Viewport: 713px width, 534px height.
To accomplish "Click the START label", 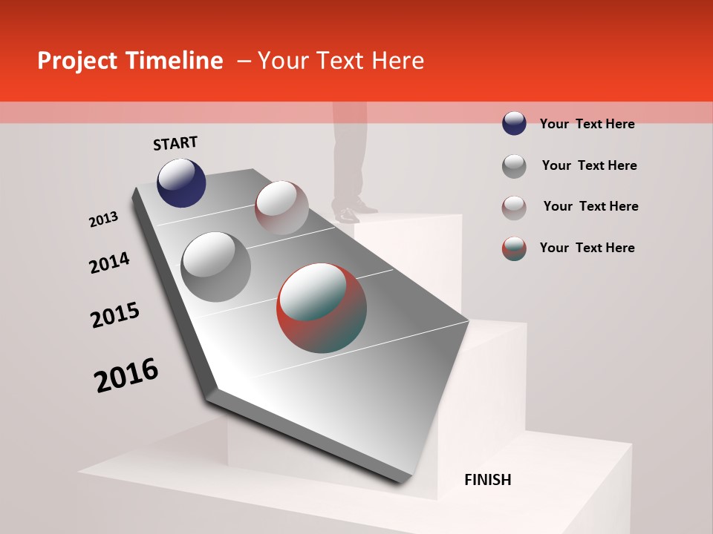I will tap(175, 143).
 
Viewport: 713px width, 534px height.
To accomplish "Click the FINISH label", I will tap(488, 480).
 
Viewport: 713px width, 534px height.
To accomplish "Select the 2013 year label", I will tap(103, 220).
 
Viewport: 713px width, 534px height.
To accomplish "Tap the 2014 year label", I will tap(109, 263).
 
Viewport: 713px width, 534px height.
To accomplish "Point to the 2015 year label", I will tap(115, 315).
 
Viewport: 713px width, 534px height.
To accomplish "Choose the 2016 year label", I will tap(126, 375).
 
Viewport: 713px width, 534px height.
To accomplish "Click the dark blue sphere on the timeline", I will tap(181, 182).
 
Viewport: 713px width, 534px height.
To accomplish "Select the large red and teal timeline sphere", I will tap(322, 308).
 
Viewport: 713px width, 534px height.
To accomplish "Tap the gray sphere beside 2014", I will tap(215, 266).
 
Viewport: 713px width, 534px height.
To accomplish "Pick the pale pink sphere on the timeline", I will tap(281, 208).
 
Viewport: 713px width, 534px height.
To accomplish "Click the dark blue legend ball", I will tap(514, 124).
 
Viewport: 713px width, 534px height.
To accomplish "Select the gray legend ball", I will tap(514, 166).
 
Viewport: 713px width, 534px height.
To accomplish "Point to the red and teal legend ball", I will tap(514, 248).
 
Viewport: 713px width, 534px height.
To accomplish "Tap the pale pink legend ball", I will tap(514, 208).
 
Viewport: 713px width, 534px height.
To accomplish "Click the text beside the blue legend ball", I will tap(587, 124).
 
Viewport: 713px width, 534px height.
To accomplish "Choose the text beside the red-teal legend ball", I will tap(587, 248).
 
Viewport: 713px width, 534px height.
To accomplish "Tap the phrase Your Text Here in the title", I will tap(341, 61).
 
